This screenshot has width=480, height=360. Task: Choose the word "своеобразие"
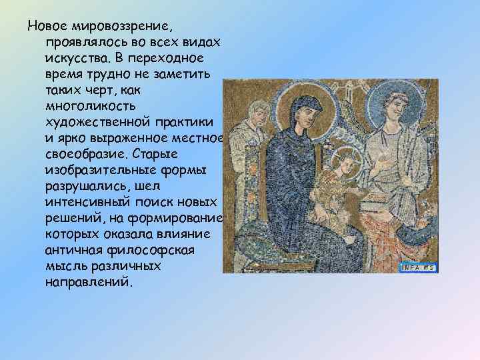[x=84, y=154]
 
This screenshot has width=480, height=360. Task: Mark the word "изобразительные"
[x=97, y=170]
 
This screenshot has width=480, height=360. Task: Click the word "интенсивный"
[x=87, y=202]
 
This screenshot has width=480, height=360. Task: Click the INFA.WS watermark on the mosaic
[x=418, y=267]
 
